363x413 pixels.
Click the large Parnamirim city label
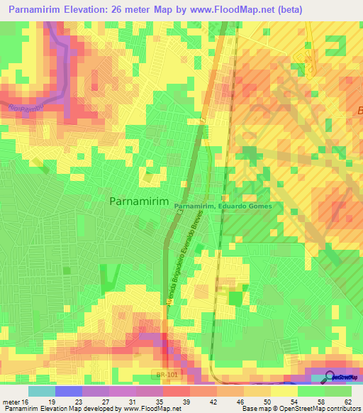coord(140,202)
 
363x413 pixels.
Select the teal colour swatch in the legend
coord(42,391)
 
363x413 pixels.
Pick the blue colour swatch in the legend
coord(69,391)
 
